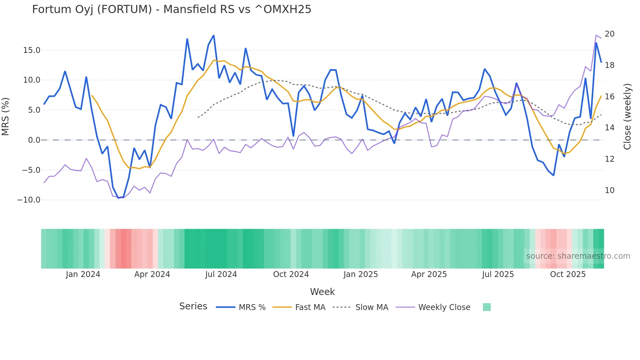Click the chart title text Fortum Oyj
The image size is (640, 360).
171,9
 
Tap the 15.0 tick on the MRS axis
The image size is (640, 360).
31,50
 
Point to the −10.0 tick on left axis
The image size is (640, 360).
29,200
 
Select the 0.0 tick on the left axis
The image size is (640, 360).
34,140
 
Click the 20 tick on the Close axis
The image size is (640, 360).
609,34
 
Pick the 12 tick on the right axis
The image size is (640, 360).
609,159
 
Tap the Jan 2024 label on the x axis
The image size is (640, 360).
83,274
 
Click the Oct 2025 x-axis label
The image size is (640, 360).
568,274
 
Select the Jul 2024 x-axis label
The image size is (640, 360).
221,274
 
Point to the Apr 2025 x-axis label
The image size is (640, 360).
429,274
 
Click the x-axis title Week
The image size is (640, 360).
322,292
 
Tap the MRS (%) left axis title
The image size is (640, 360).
6,116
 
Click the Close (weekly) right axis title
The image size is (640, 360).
627,116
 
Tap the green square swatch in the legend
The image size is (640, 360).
487,307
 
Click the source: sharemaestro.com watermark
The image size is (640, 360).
578,256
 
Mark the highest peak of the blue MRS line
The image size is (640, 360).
214,35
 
